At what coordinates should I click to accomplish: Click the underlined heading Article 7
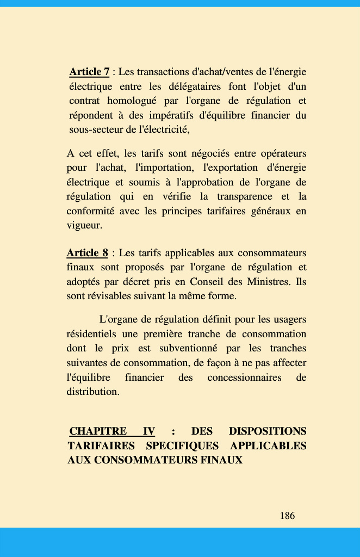pos(89,72)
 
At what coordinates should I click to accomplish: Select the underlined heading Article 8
pos(87,253)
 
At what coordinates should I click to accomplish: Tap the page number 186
pos(287,516)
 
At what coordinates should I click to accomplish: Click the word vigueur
pos(84,225)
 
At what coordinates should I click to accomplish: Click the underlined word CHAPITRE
pos(98,431)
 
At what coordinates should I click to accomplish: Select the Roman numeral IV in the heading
pos(148,431)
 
